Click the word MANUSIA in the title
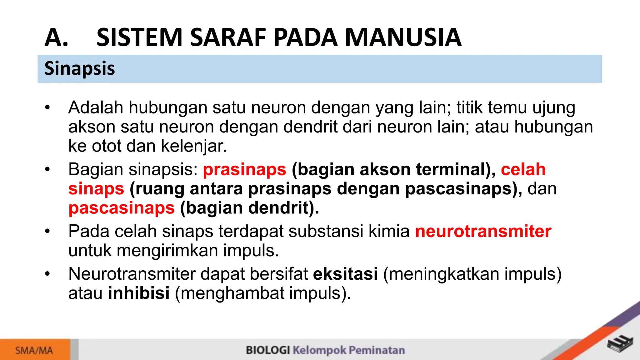[x=403, y=37]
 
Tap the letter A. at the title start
[x=56, y=37]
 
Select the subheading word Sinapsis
[x=80, y=68]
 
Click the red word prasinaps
[x=244, y=170]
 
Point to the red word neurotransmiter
[x=483, y=232]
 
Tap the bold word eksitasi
[x=345, y=274]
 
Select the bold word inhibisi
[x=139, y=293]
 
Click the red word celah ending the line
[x=523, y=170]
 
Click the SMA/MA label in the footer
[x=34, y=350]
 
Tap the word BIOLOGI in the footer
[x=268, y=350]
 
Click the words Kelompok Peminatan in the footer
[x=349, y=350]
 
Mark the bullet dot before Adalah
[x=47, y=108]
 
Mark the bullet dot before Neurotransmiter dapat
[x=47, y=274]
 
